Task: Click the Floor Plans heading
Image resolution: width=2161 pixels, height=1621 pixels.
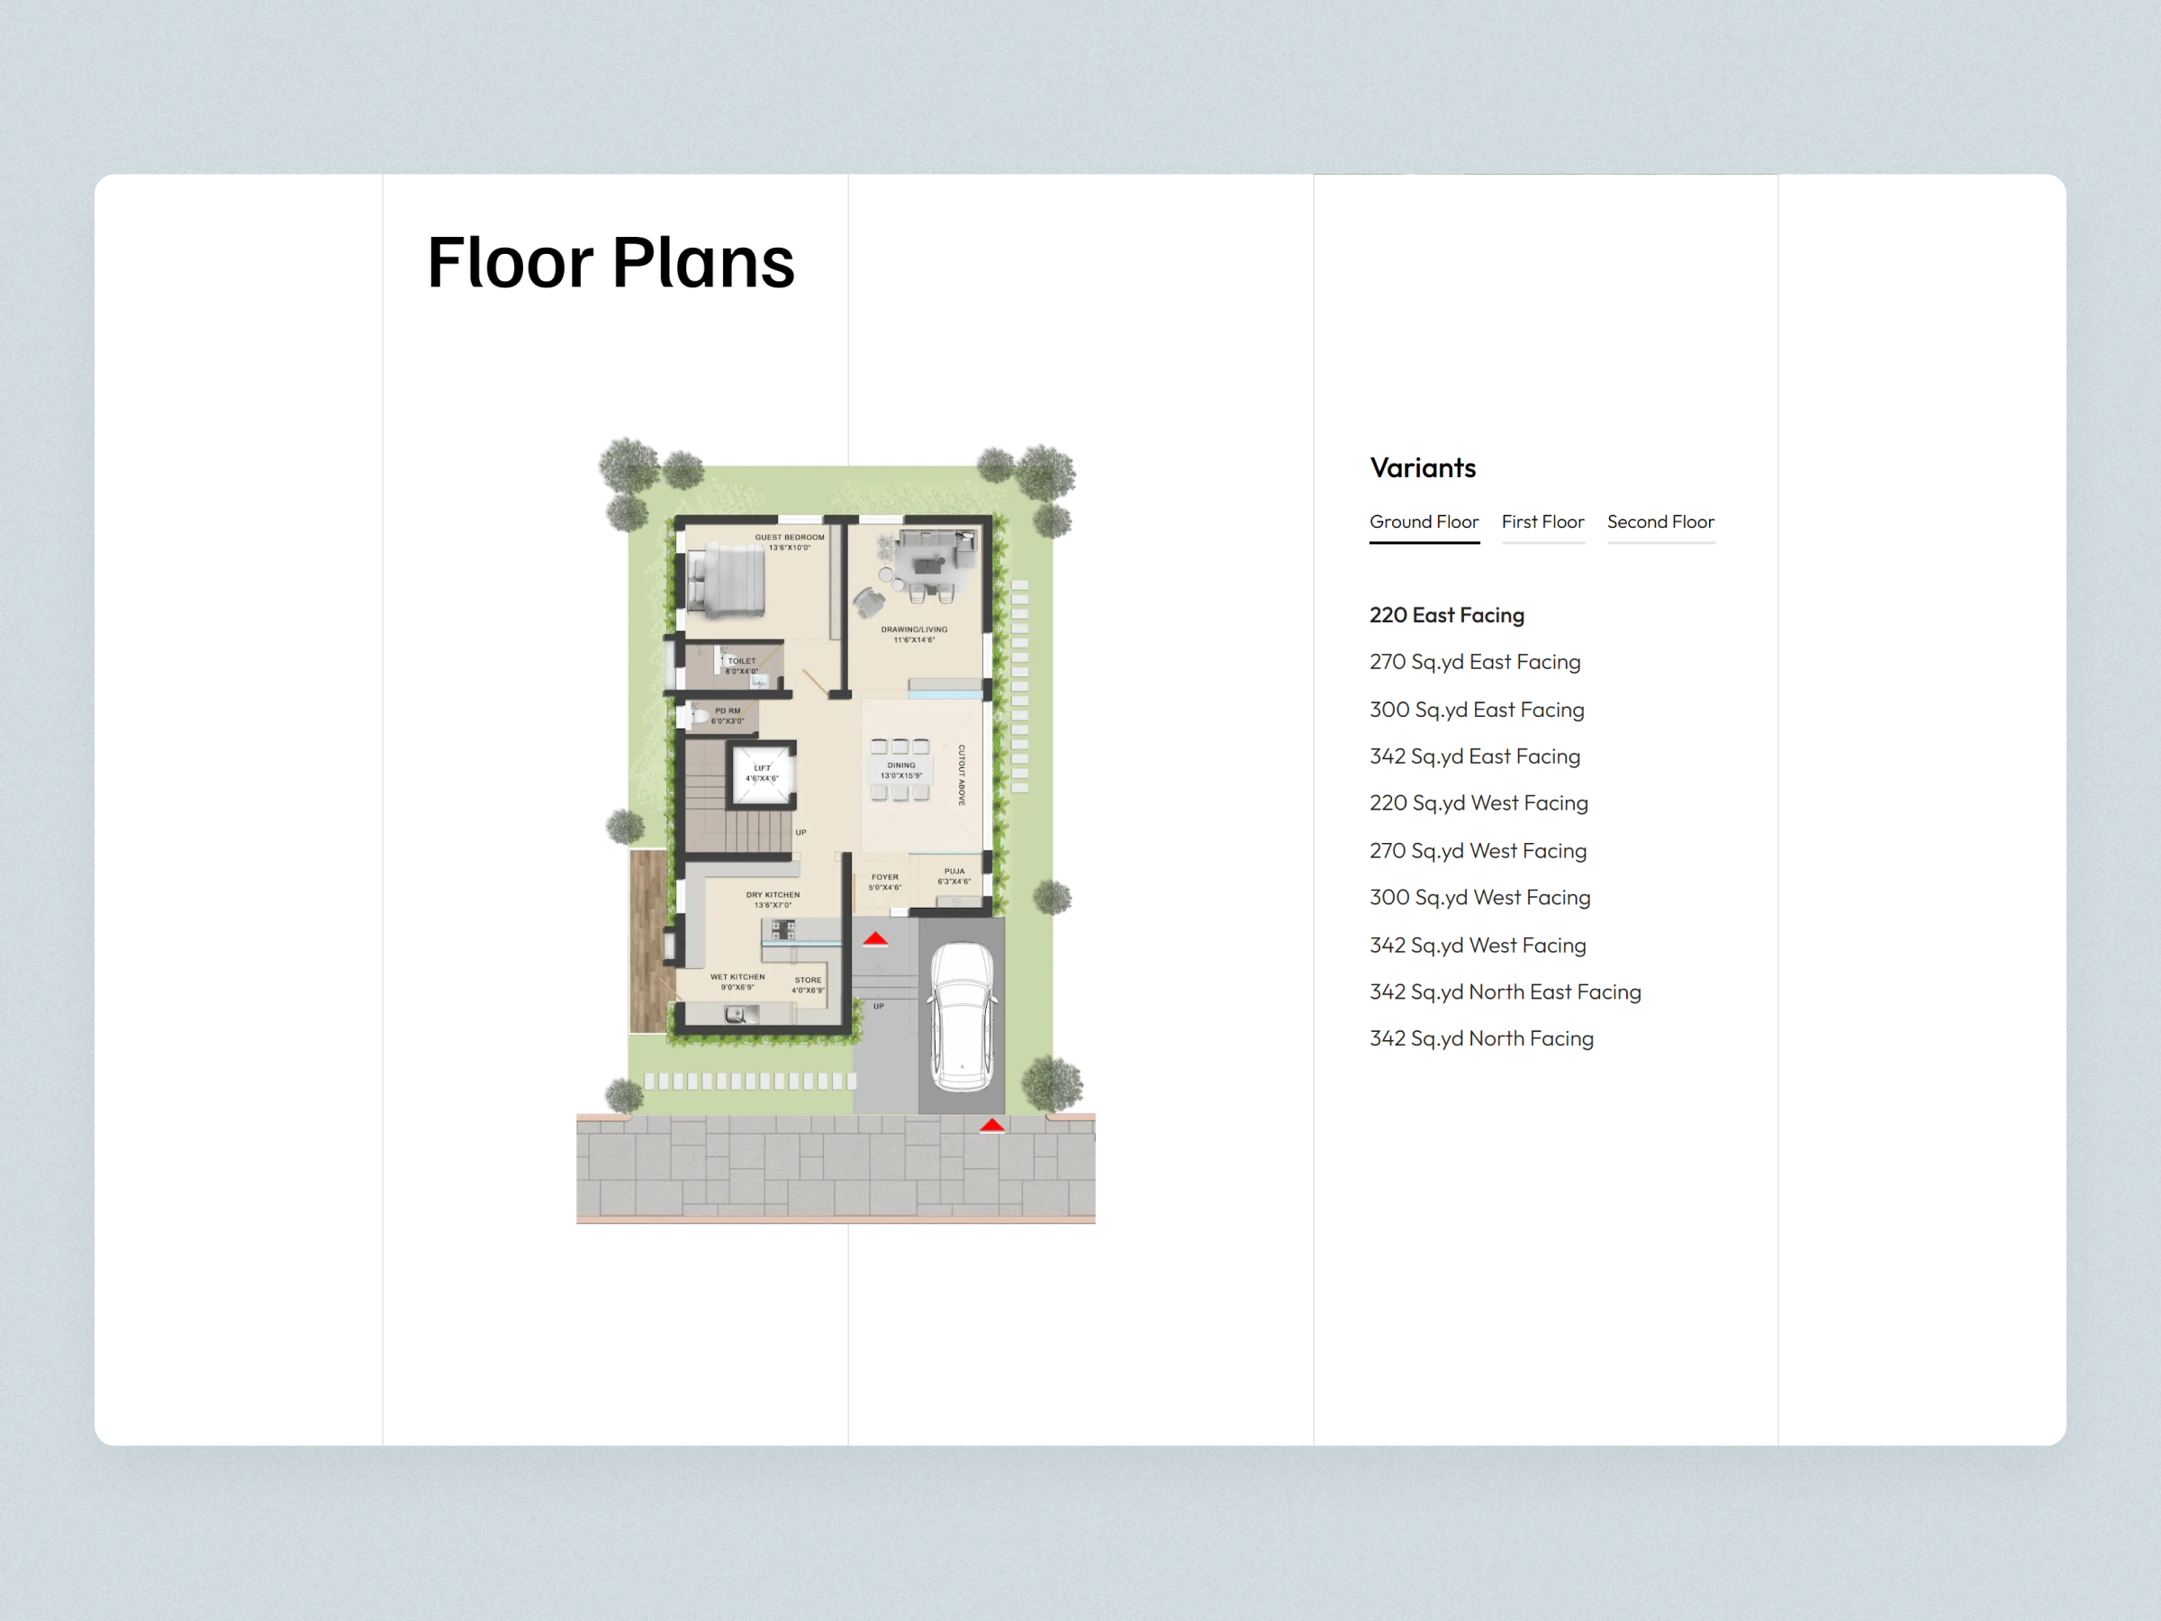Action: [x=610, y=262]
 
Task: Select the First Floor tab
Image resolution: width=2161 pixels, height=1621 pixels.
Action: [x=1542, y=521]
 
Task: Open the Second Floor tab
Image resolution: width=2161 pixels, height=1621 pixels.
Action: [x=1659, y=521]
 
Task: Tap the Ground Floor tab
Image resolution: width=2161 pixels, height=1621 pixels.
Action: [x=1424, y=521]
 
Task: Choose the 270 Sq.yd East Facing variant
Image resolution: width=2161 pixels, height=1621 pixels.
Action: [x=1474, y=662]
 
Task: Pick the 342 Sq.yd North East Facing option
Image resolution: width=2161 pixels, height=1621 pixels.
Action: [x=1505, y=992]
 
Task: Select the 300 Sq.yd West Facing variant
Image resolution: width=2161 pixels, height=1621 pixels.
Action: [x=1479, y=897]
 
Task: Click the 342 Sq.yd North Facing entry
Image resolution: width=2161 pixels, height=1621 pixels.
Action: [x=1481, y=1038]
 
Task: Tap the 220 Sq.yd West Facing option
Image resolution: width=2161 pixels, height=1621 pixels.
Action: [x=1478, y=803]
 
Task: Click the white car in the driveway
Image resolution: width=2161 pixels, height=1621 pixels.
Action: [x=963, y=1016]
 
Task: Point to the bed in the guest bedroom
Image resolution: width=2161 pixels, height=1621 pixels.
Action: [x=726, y=583]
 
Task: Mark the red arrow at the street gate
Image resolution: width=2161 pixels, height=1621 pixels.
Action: [x=991, y=1126]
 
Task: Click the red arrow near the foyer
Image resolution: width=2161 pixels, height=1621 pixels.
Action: [x=875, y=939]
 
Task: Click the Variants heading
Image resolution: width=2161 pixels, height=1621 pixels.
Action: [x=1423, y=468]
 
